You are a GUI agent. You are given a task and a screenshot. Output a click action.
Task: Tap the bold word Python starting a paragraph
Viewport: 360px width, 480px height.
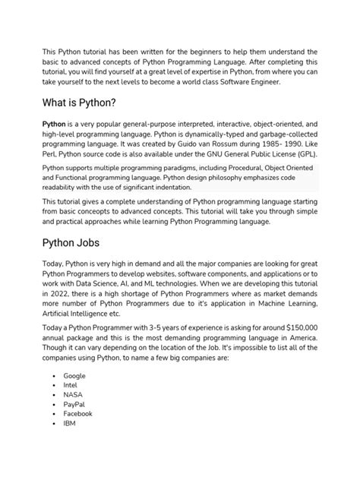[55, 124]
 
